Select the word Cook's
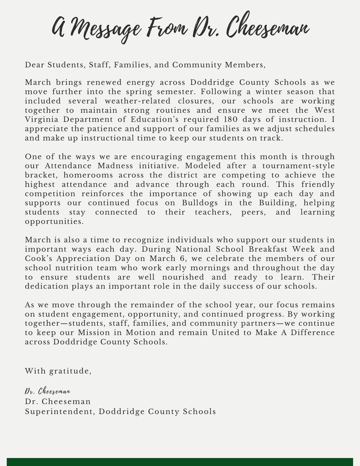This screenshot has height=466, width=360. point(40,258)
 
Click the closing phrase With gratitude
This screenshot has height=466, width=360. point(58,371)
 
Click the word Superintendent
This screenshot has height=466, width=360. point(59,411)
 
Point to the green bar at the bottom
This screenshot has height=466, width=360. point(180,462)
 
